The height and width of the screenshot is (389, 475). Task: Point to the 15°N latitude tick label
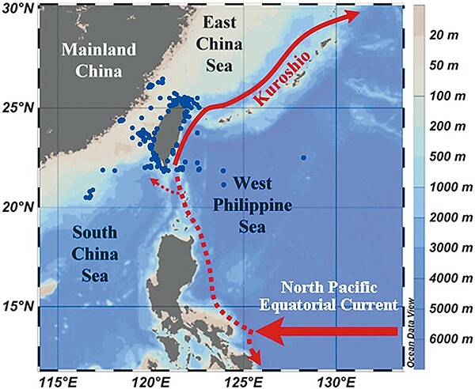pos(19,306)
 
